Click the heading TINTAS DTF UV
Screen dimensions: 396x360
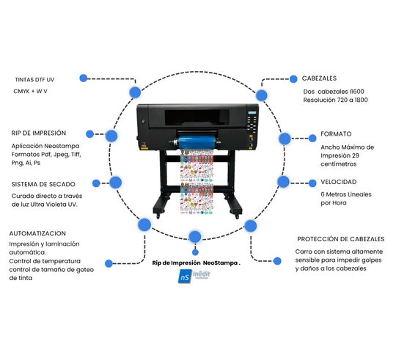[34, 80]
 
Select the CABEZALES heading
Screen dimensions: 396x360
[319, 78]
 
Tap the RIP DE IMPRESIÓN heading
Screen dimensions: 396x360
[39, 133]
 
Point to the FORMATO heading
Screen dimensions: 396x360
[336, 133]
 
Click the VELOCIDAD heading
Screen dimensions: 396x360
[338, 182]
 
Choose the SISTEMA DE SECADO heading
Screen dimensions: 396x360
[43, 184]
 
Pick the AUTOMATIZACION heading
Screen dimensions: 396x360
[37, 233]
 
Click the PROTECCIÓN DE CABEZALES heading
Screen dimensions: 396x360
[341, 239]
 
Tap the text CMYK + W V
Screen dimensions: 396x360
[30, 91]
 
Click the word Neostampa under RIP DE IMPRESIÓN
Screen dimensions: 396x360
[62, 146]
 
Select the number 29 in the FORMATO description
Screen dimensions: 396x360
[356, 155]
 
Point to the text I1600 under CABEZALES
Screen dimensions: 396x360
[356, 92]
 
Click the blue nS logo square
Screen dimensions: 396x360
[185, 276]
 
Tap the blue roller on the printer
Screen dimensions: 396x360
[197, 142]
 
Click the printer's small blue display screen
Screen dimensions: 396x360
[252, 113]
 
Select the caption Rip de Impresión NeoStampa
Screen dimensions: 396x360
[196, 262]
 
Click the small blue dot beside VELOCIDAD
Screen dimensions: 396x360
[312, 183]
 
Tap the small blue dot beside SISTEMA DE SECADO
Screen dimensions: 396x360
[96, 183]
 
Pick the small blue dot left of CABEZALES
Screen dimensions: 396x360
[293, 79]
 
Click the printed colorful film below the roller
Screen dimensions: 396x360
[197, 182]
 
